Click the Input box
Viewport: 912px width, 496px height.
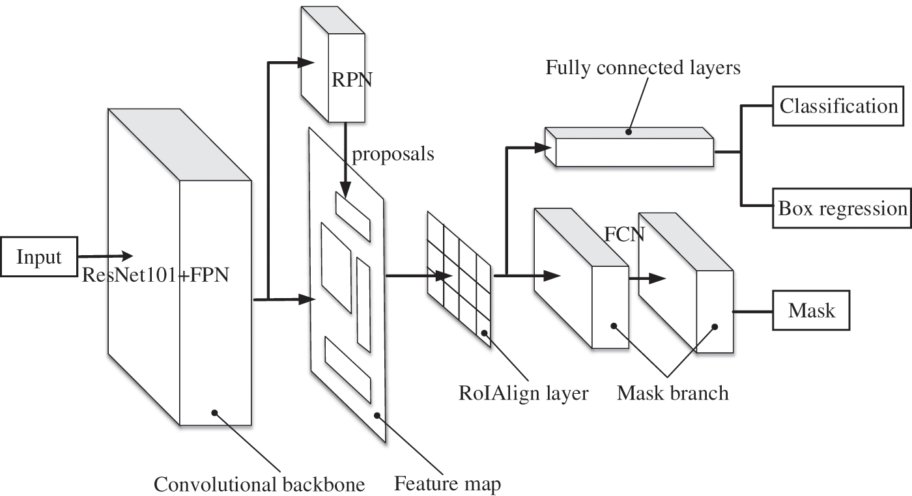[39, 256]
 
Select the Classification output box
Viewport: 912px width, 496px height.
[838, 106]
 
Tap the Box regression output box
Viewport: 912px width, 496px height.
[842, 208]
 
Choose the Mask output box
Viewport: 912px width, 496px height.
[811, 310]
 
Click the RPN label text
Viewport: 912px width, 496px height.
[352, 80]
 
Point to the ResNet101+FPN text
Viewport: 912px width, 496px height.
[156, 275]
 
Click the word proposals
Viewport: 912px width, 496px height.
[393, 154]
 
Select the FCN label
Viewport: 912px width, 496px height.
[624, 234]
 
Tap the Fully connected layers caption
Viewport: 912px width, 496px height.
[643, 68]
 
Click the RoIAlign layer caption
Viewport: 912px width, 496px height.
[524, 393]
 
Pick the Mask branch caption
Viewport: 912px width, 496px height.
[672, 393]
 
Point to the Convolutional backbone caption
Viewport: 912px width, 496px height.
[259, 484]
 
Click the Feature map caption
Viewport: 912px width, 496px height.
[448, 484]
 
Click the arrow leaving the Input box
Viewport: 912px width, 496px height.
[106, 256]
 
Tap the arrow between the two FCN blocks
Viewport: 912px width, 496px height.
[648, 279]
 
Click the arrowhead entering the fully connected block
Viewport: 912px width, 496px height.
[543, 148]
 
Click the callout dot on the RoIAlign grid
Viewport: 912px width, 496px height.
[484, 333]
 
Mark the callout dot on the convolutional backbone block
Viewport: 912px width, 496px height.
[214, 413]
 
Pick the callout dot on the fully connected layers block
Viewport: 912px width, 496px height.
[629, 132]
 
